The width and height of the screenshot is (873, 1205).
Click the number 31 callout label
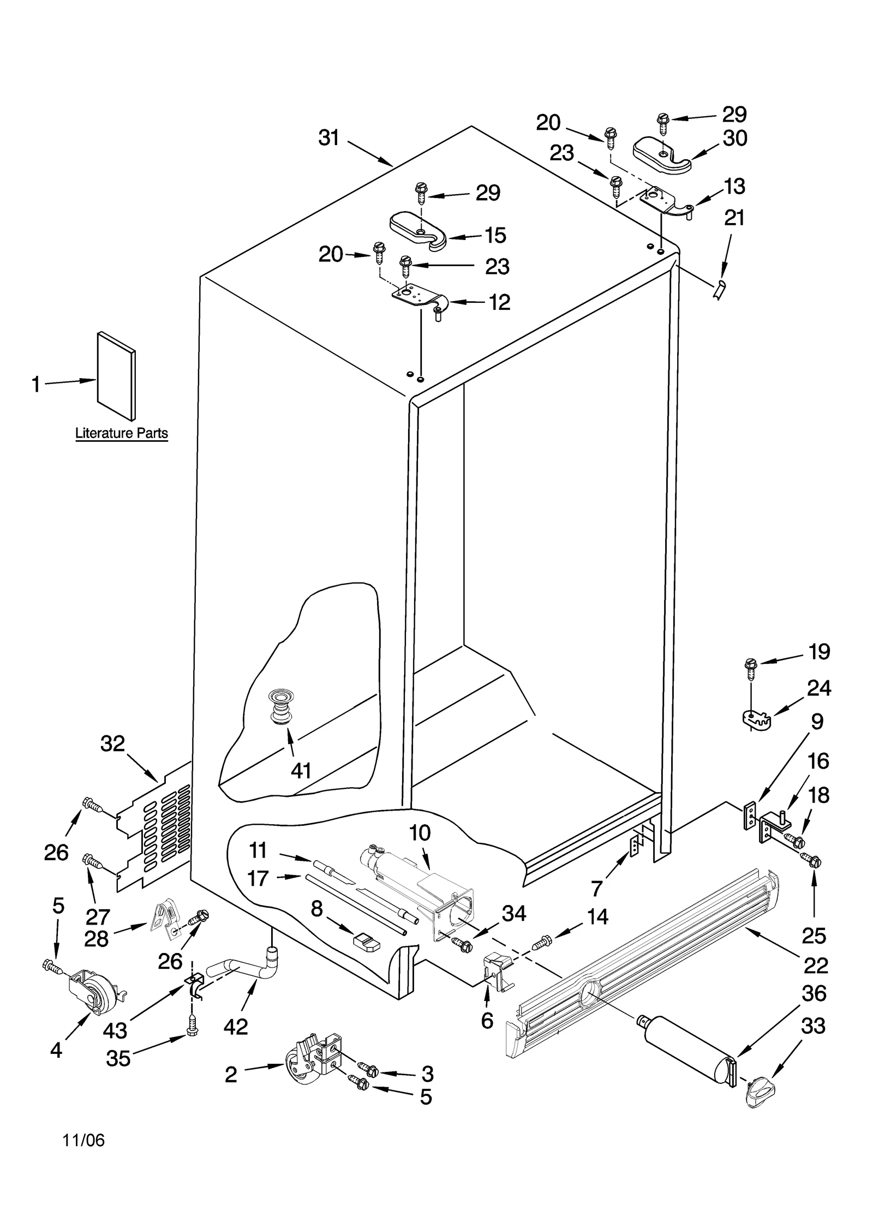pyautogui.click(x=329, y=138)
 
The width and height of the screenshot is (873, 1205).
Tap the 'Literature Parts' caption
pyautogui.click(x=121, y=434)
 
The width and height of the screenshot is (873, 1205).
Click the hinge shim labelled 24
pyautogui.click(x=758, y=719)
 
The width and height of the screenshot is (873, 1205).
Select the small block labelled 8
pyautogui.click(x=366, y=942)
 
